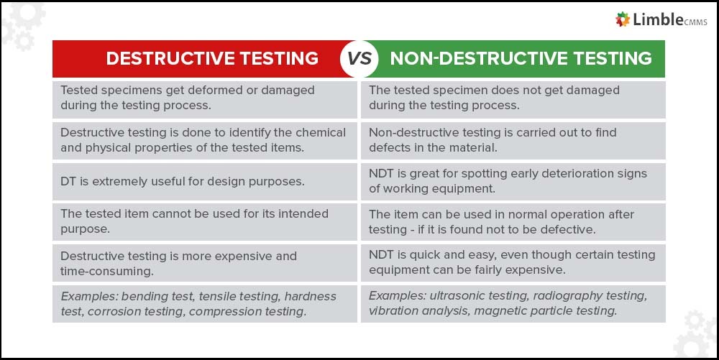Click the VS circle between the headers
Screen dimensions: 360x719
359,59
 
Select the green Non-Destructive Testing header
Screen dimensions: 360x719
521,59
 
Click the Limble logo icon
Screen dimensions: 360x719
623,19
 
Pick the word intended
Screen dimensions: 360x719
284,213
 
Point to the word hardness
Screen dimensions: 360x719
311,296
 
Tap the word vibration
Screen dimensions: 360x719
395,311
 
